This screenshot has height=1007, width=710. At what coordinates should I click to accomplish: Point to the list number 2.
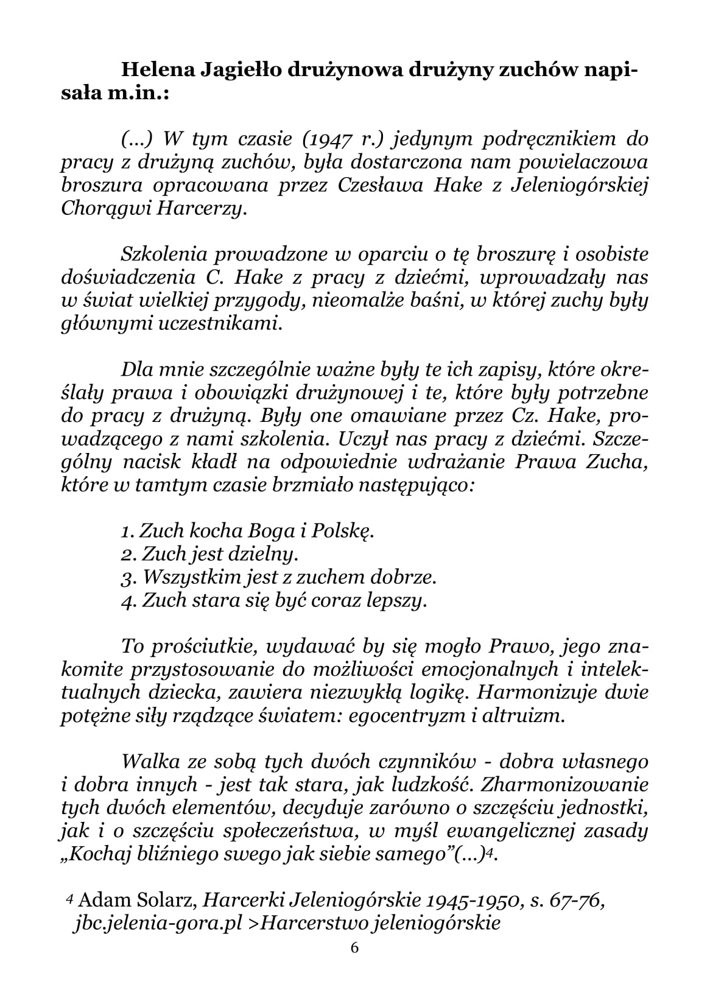click(127, 554)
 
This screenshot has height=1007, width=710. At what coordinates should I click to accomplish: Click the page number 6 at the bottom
click(355, 947)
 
